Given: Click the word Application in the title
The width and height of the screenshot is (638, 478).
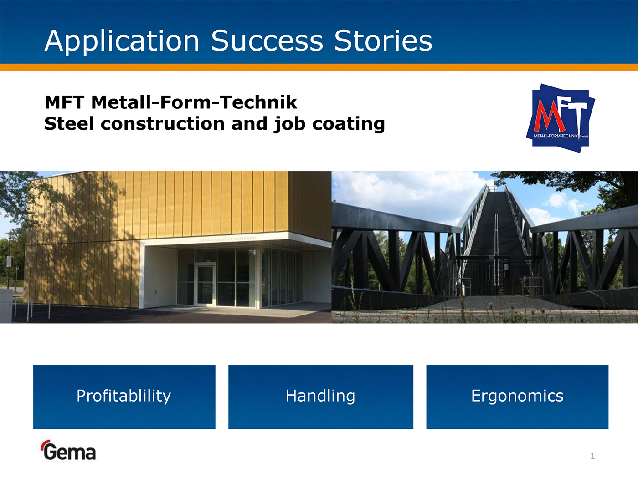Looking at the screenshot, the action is [x=122, y=41].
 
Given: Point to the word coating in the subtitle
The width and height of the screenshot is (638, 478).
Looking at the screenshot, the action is [x=348, y=124].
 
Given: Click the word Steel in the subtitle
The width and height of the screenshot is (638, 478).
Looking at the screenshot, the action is [x=69, y=124].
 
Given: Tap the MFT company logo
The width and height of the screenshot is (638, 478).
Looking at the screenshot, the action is [x=561, y=118].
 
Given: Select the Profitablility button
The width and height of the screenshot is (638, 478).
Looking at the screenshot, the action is [x=124, y=397].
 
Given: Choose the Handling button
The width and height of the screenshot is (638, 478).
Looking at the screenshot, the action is [x=321, y=397].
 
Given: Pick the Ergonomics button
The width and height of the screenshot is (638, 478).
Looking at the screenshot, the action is [x=517, y=397].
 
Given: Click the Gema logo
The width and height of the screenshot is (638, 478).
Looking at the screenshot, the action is [x=68, y=450].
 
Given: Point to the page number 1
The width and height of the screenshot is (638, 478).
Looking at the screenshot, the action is [x=593, y=456].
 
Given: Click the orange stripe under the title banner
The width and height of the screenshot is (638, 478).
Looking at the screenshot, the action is [x=319, y=67].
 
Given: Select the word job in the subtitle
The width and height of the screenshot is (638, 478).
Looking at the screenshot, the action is [x=290, y=124].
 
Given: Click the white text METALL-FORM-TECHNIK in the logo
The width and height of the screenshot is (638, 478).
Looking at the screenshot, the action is [x=556, y=136].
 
